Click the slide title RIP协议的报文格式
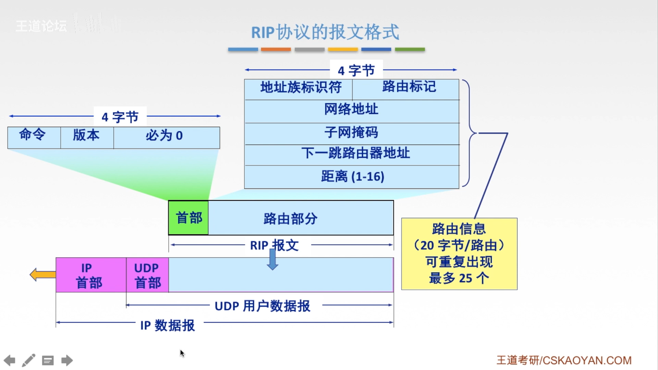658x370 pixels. tap(325, 32)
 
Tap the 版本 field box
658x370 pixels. tap(87, 137)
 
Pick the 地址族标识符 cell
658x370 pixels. tap(298, 89)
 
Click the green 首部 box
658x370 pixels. tap(188, 218)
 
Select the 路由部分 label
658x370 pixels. tap(291, 219)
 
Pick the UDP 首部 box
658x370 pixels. tap(147, 275)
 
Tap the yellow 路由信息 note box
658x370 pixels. tap(459, 254)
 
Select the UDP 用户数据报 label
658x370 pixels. tap(262, 306)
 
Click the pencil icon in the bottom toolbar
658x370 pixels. tap(29, 360)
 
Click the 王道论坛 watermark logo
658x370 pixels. tap(41, 26)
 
